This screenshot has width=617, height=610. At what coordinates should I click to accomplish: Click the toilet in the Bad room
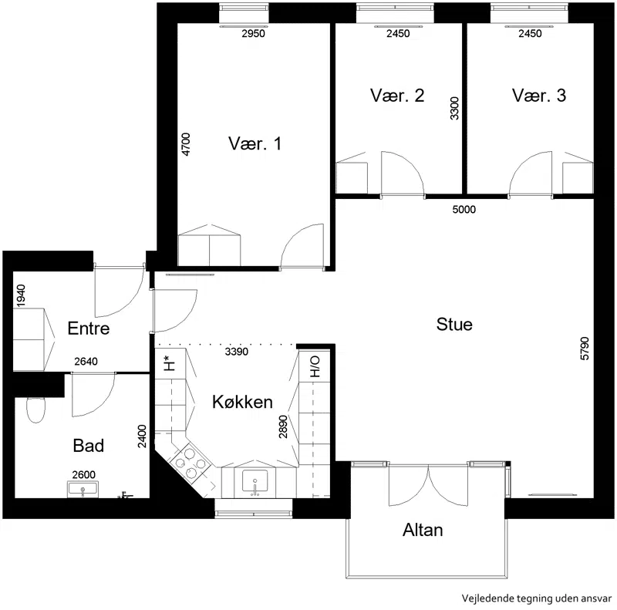35,409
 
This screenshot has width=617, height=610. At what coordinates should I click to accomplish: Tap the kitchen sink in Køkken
255,482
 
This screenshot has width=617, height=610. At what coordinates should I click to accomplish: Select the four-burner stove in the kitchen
190,463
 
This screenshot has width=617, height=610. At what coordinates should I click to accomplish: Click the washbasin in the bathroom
83,489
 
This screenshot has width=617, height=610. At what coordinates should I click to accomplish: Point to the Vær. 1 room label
255,143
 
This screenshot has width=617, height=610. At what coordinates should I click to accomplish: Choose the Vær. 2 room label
397,96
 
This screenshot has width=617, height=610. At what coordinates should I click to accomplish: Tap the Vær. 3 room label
539,96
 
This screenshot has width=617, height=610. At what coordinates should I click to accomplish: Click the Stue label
454,325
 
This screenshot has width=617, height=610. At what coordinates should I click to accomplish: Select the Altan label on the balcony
423,530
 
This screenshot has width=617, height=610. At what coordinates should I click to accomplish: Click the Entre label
89,329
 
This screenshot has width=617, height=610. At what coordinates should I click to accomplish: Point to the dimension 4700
185,144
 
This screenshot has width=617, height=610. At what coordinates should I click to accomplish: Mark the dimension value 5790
585,349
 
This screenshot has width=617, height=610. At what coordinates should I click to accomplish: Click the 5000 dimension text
464,209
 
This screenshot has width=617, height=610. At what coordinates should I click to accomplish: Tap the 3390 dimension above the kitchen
237,352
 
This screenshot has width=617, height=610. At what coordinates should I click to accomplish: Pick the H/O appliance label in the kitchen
315,367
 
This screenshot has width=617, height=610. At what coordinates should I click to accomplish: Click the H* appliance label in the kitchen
168,363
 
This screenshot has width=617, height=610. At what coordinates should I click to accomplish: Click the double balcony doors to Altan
428,485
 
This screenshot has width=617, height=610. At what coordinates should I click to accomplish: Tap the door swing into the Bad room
93,394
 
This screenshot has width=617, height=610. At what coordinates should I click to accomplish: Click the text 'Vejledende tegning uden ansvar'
537,598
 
